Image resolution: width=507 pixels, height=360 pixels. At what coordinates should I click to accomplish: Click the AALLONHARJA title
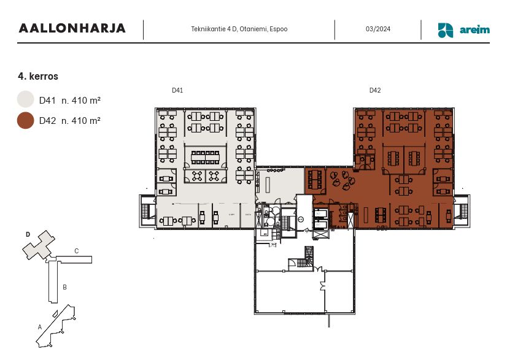(72, 28)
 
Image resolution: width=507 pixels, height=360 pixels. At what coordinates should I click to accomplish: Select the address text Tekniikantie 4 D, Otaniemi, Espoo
(239, 29)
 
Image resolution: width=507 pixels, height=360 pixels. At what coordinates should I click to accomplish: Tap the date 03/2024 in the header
(378, 29)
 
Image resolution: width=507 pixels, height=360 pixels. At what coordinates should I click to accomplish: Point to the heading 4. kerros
(38, 77)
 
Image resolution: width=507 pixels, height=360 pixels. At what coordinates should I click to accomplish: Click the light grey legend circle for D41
(25, 99)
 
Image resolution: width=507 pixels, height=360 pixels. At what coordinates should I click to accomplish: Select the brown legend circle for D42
(25, 121)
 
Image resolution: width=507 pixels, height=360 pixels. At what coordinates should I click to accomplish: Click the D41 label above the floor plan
(177, 90)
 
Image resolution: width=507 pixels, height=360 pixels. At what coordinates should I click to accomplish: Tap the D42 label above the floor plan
(375, 90)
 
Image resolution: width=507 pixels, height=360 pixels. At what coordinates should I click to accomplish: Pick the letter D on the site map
(28, 234)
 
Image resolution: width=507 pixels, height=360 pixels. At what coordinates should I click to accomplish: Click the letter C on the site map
(76, 251)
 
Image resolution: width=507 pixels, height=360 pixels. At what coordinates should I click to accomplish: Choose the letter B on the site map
(64, 286)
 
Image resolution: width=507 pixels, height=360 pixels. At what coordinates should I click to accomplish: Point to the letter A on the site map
(40, 327)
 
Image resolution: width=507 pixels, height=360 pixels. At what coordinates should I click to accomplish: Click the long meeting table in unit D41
(206, 157)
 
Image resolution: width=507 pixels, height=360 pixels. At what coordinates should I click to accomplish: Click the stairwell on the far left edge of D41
(147, 211)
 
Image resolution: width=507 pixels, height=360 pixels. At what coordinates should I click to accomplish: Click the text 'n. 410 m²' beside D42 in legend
(81, 121)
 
